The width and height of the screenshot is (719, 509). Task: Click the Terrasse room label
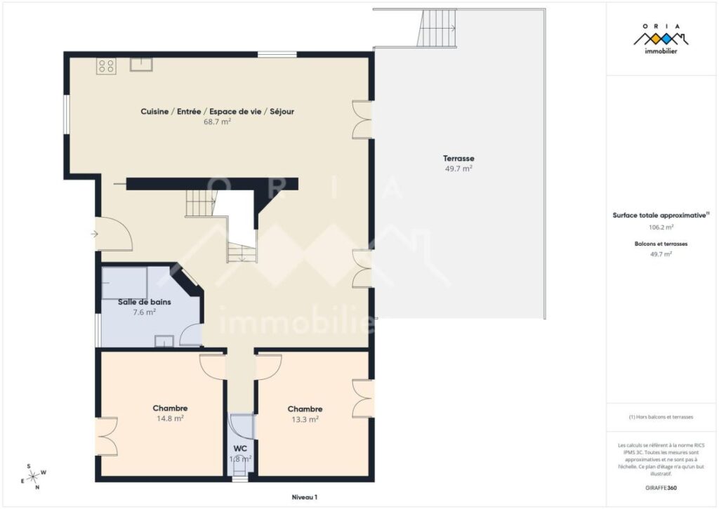coord(458,158)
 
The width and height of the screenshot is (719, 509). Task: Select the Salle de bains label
coord(145,302)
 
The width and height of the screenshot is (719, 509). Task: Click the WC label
coord(240,448)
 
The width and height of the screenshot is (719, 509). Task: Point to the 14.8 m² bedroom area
coord(170,418)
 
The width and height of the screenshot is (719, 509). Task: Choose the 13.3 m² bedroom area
coord(305,419)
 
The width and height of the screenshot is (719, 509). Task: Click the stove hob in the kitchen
coord(107,67)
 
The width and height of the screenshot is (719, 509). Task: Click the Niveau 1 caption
coord(305,497)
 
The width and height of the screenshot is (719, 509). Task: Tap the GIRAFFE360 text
coord(661,487)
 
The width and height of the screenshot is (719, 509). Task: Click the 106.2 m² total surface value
coord(661,227)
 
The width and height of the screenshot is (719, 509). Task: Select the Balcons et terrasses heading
coord(661,244)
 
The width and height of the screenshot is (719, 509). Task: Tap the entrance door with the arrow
coord(112,234)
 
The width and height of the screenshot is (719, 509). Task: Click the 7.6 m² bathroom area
coord(145,312)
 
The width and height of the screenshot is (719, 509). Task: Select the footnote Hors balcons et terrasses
coord(661,416)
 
